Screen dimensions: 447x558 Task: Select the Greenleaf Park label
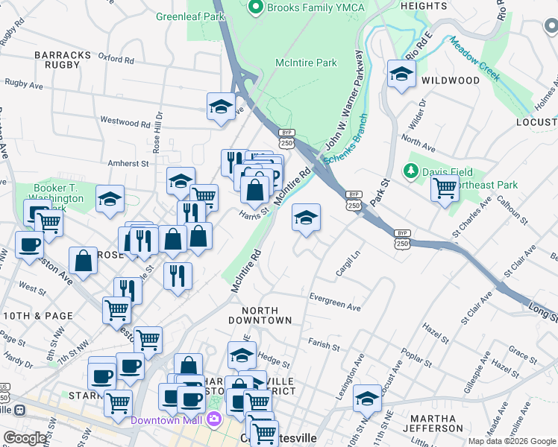(x=190, y=16)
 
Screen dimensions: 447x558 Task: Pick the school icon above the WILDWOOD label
(x=401, y=74)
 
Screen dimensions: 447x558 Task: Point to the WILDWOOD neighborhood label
(x=450, y=80)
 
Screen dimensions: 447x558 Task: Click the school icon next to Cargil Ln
(x=306, y=218)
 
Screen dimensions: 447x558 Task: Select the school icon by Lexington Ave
(x=367, y=399)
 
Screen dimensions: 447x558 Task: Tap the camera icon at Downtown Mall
(x=215, y=420)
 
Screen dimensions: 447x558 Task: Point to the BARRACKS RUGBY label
(x=57, y=59)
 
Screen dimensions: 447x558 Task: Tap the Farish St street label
(x=322, y=342)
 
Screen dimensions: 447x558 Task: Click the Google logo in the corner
(x=25, y=438)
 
